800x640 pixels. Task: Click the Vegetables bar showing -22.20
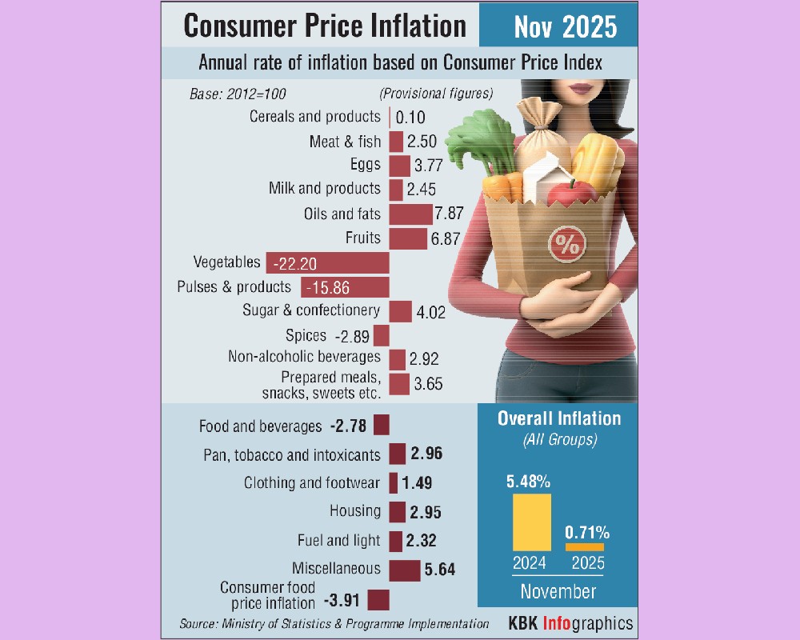[327, 263]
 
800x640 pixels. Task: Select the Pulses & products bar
[345, 287]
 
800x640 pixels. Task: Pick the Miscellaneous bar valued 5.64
[404, 570]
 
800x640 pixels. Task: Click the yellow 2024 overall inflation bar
[531, 522]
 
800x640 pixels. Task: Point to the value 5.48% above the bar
[528, 482]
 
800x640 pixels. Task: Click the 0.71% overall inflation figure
[587, 531]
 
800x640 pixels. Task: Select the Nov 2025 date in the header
[566, 26]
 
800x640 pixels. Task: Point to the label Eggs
[365, 165]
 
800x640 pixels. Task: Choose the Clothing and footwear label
[312, 483]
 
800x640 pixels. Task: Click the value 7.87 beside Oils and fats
[450, 214]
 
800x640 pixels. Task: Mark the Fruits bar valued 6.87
[408, 238]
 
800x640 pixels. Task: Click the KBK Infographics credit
[570, 623]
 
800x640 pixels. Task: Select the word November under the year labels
[558, 592]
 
